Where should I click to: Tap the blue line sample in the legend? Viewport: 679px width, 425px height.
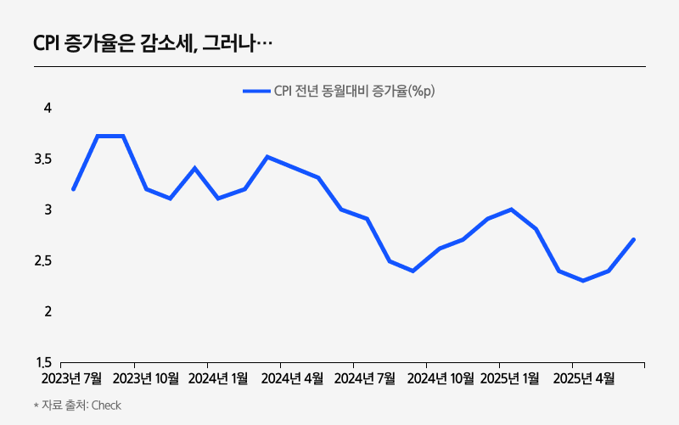[x=255, y=92]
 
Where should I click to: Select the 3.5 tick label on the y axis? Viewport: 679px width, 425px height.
[x=44, y=159]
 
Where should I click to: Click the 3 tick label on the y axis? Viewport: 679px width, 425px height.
[x=48, y=210]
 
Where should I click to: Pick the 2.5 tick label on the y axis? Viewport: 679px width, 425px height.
[x=44, y=260]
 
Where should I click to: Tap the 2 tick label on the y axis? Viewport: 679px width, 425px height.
[x=48, y=311]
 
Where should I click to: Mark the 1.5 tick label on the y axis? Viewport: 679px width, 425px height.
[x=44, y=362]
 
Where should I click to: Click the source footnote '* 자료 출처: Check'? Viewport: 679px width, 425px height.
[x=77, y=405]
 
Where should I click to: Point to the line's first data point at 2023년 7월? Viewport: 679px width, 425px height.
[x=73, y=189]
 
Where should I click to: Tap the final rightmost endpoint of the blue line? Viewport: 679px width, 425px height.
[x=634, y=239]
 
